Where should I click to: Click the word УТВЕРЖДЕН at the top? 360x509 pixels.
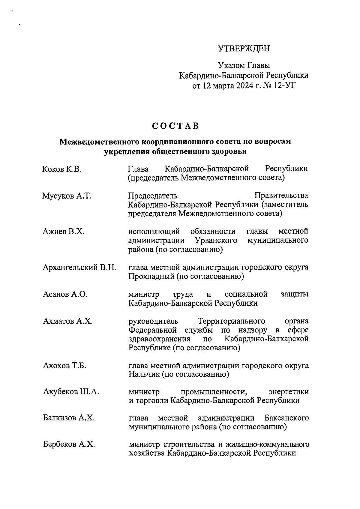pos(244,49)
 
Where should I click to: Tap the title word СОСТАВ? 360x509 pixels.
pos(175,126)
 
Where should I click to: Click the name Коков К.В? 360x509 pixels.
pos(62,169)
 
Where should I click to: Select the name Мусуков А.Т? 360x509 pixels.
pos(67,196)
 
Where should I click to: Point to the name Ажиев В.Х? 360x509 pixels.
pos(64,232)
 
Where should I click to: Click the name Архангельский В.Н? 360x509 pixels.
pos(79,267)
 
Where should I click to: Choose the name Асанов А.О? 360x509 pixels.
pos(65,294)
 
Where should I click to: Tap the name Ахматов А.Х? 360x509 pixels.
pos(68,321)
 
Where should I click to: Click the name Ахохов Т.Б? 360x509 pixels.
pos(64,366)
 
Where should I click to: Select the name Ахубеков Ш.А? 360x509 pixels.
pos(71,392)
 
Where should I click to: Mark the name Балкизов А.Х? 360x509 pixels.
pos(69,418)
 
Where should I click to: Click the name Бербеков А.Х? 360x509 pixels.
pos(69,444)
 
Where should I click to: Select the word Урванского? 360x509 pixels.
pos(216,241)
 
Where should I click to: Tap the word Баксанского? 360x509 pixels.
pos(287,418)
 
